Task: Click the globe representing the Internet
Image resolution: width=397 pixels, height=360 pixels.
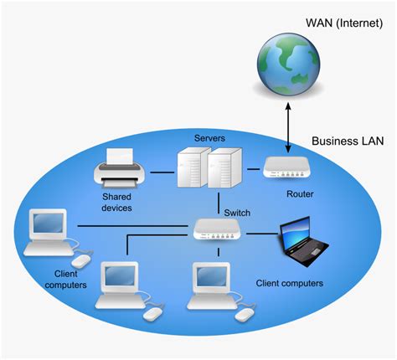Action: pos(288,61)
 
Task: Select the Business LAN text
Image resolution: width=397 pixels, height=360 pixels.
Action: pos(348,141)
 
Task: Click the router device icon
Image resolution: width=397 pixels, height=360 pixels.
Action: pos(288,169)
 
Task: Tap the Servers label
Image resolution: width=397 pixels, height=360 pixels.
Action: pos(209,136)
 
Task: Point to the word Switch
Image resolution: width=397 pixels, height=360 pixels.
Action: pos(237,212)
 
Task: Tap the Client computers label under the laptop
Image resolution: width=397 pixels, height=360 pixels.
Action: pos(289,283)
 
